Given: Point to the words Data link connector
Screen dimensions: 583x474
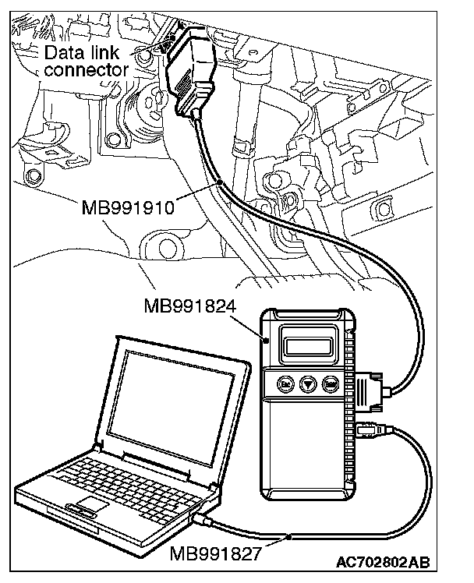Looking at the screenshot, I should (x=85, y=62).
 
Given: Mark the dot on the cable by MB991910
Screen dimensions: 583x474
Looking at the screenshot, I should (x=222, y=182).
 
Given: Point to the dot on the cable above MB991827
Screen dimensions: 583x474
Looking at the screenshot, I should (x=288, y=537).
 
